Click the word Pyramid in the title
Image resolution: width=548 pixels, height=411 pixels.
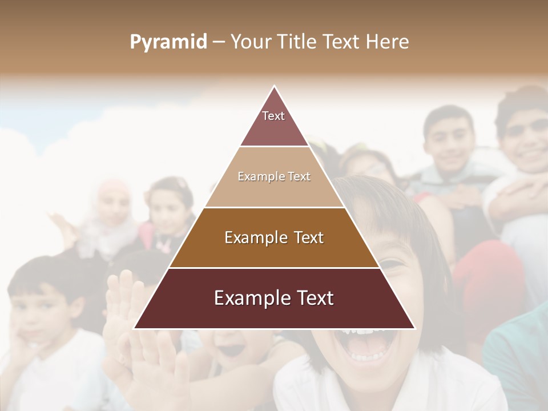tap(168, 42)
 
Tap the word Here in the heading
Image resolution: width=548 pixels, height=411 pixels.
tap(387, 42)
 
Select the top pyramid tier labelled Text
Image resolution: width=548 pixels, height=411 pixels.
tap(274, 123)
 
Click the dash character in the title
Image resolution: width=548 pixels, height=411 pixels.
tap(219, 42)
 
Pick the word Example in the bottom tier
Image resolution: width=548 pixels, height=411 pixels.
tap(249, 299)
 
